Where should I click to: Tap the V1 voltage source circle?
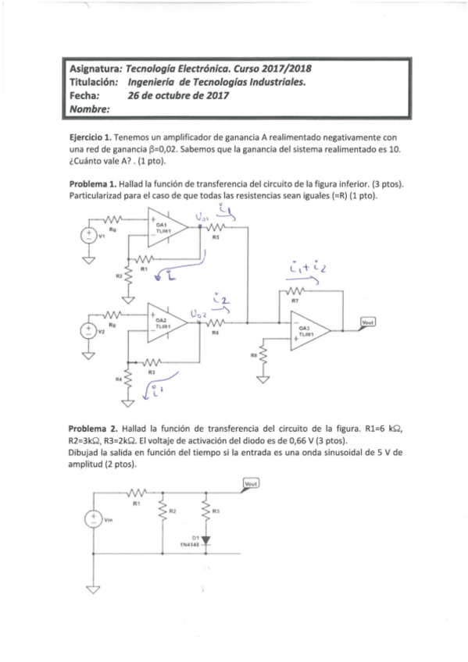point(89,236)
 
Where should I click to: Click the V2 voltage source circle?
point(89,329)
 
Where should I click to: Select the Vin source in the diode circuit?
point(92,518)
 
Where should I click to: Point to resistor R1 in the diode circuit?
point(136,493)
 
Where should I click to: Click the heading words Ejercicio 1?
point(92,136)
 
